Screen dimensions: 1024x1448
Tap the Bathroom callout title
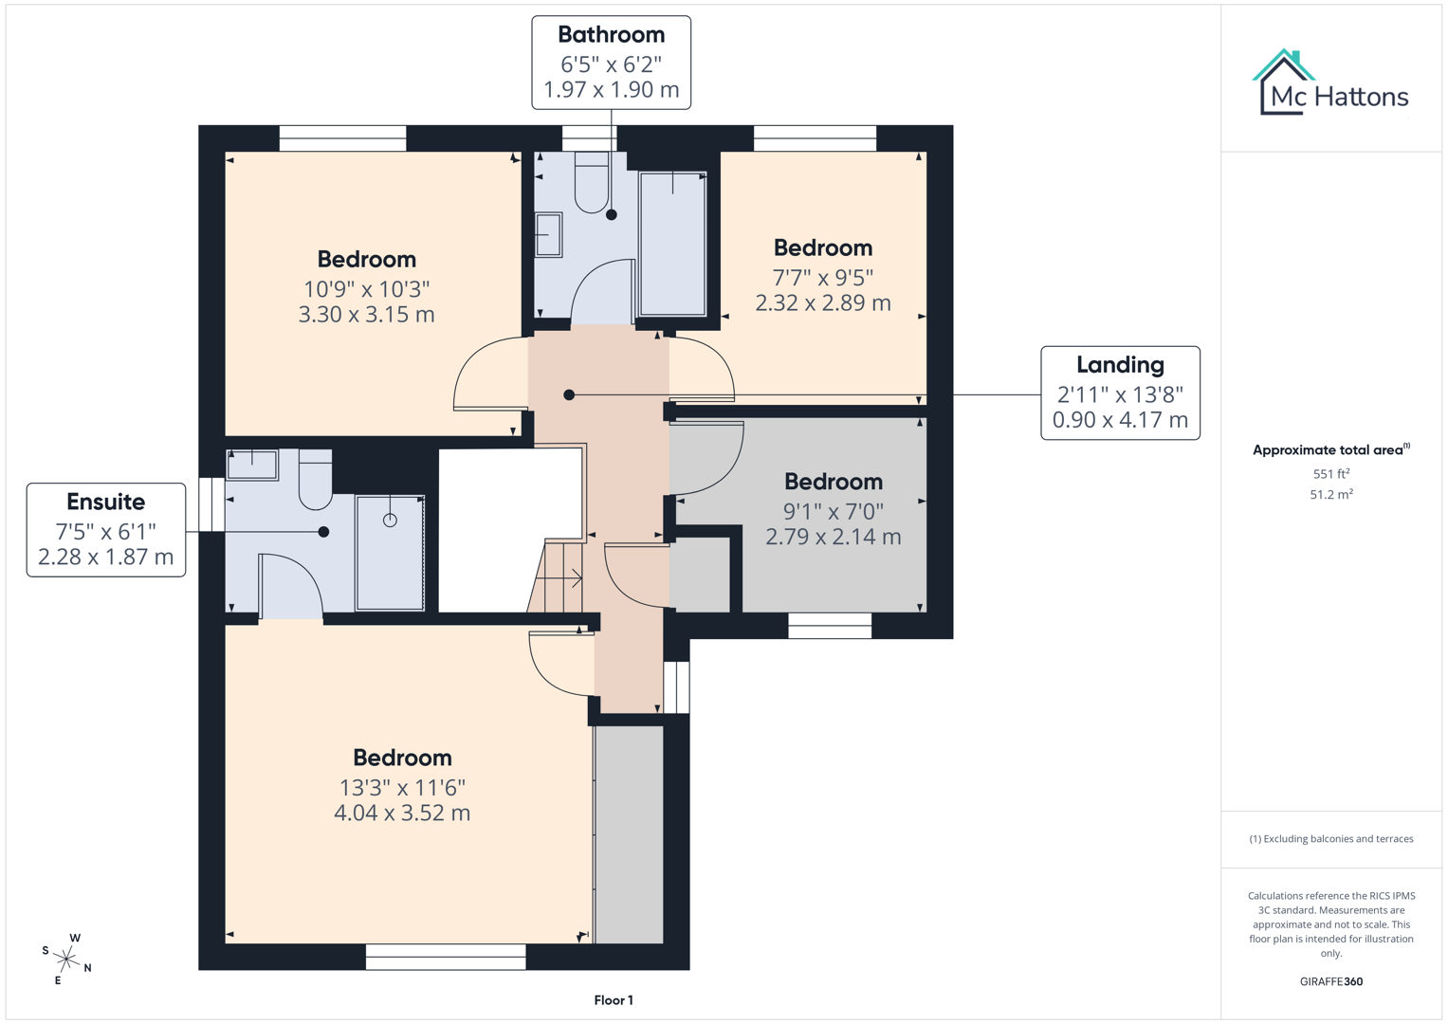(611, 35)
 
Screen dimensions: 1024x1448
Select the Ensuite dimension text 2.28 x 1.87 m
(105, 557)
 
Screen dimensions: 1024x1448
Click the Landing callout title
(1120, 365)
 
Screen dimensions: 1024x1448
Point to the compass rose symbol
(66, 959)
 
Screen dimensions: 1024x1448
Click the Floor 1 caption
(614, 1000)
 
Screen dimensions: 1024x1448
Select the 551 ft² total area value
(1330, 473)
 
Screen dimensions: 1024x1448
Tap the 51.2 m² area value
(1330, 494)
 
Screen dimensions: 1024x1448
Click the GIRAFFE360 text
(1330, 981)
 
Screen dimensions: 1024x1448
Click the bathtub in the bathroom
(672, 244)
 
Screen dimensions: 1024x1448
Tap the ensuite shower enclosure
(390, 553)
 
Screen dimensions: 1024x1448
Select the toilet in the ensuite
(316, 479)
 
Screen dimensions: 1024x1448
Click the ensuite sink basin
(252, 465)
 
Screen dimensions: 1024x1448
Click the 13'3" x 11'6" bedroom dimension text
(402, 787)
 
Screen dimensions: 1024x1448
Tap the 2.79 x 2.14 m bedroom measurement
(833, 537)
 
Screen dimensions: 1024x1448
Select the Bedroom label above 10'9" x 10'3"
(366, 260)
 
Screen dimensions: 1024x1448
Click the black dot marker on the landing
(569, 394)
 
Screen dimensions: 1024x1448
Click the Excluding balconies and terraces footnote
(1330, 839)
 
